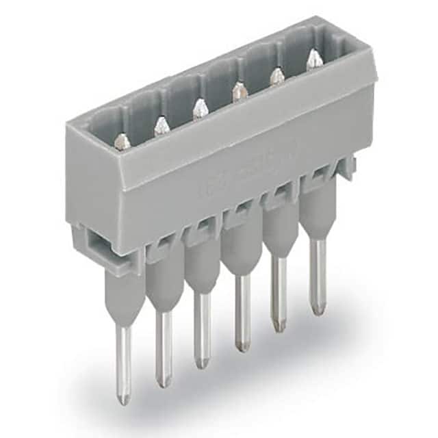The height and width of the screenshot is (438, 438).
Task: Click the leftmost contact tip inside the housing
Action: tap(122, 142)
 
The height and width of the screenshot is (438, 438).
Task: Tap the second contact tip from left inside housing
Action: tap(161, 125)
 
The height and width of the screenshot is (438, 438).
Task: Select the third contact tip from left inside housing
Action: tap(199, 107)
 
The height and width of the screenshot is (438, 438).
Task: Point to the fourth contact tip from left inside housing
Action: tap(238, 90)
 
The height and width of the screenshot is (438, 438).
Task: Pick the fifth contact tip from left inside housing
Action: tap(276, 75)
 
